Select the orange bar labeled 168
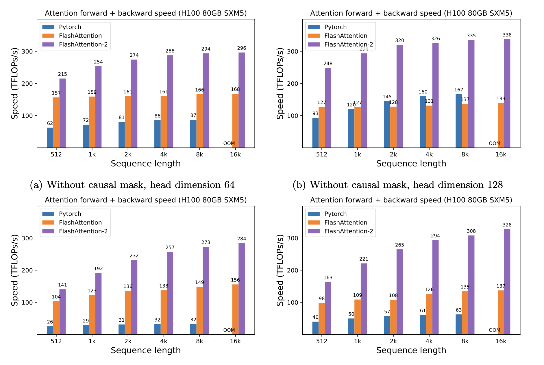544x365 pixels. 235,121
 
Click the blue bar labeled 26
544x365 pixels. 50,330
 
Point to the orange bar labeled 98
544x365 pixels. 322,318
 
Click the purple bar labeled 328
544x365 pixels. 507,282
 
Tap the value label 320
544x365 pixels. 399,40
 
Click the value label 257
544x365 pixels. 170,248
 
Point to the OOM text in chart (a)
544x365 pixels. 229,143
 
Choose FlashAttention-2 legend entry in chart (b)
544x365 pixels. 348,45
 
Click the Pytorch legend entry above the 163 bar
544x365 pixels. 335,214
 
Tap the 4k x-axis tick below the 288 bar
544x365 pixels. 164,154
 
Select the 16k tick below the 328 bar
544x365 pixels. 501,341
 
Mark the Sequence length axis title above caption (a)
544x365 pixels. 146,164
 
